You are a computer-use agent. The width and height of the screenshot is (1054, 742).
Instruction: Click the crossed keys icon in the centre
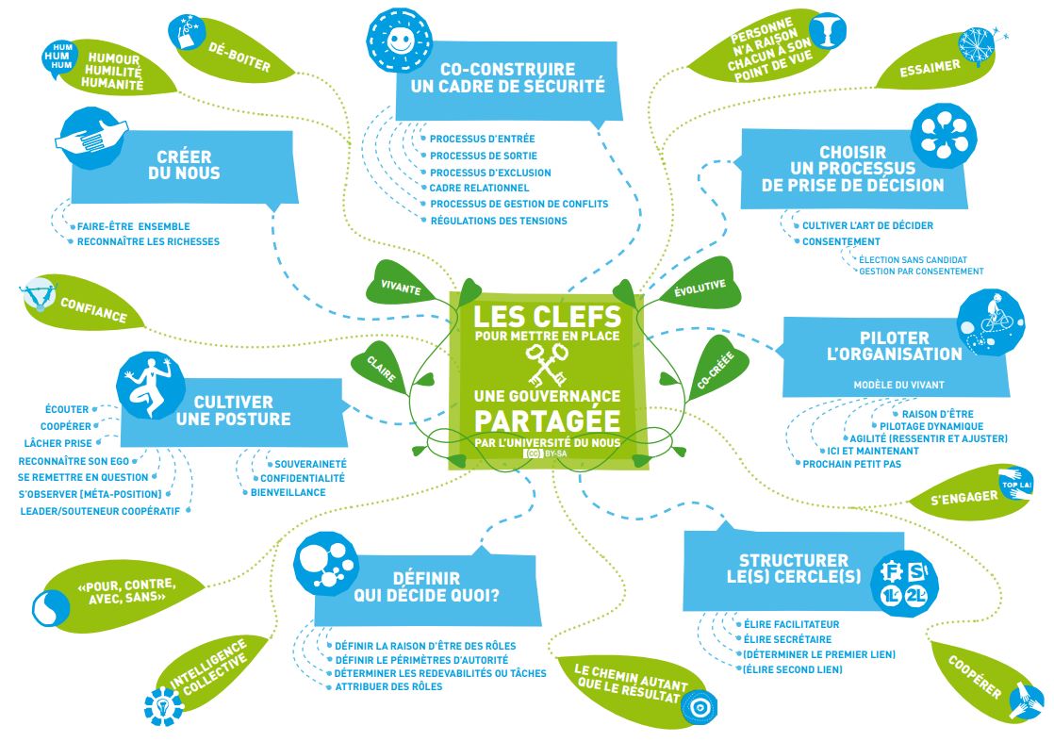pyautogui.click(x=547, y=364)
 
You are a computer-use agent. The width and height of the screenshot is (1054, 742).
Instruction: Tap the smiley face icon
pyautogui.click(x=400, y=40)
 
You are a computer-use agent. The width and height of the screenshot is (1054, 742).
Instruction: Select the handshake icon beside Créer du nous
pyautogui.click(x=91, y=138)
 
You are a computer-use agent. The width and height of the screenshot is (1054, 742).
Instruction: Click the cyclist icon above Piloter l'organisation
pyautogui.click(x=991, y=322)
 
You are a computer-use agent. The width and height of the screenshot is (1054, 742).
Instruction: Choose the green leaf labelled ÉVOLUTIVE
pyautogui.click(x=700, y=285)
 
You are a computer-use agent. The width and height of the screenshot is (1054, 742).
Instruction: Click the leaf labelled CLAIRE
pyautogui.click(x=381, y=368)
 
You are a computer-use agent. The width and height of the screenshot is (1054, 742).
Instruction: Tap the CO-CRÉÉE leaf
pyautogui.click(x=716, y=369)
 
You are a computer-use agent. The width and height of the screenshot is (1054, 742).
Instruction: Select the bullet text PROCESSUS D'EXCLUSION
pyautogui.click(x=490, y=172)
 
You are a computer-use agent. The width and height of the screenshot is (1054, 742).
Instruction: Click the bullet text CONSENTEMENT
pyautogui.click(x=841, y=241)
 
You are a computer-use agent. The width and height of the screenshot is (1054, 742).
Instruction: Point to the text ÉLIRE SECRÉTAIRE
pyautogui.click(x=787, y=639)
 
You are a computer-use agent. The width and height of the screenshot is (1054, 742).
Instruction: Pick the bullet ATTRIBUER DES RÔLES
pyautogui.click(x=388, y=686)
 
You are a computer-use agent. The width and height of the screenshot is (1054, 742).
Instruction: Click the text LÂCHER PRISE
pyautogui.click(x=58, y=443)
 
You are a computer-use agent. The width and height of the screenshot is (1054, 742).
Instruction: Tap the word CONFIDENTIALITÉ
pyautogui.click(x=303, y=478)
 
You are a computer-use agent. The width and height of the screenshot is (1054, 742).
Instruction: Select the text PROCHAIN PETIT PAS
pyautogui.click(x=851, y=464)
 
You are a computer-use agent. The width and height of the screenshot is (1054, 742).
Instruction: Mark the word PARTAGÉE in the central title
pyautogui.click(x=547, y=421)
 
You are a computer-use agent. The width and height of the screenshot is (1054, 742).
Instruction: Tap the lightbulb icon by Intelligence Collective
pyautogui.click(x=163, y=706)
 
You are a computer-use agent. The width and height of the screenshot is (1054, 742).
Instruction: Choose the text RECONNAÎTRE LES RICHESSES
pyautogui.click(x=148, y=241)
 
